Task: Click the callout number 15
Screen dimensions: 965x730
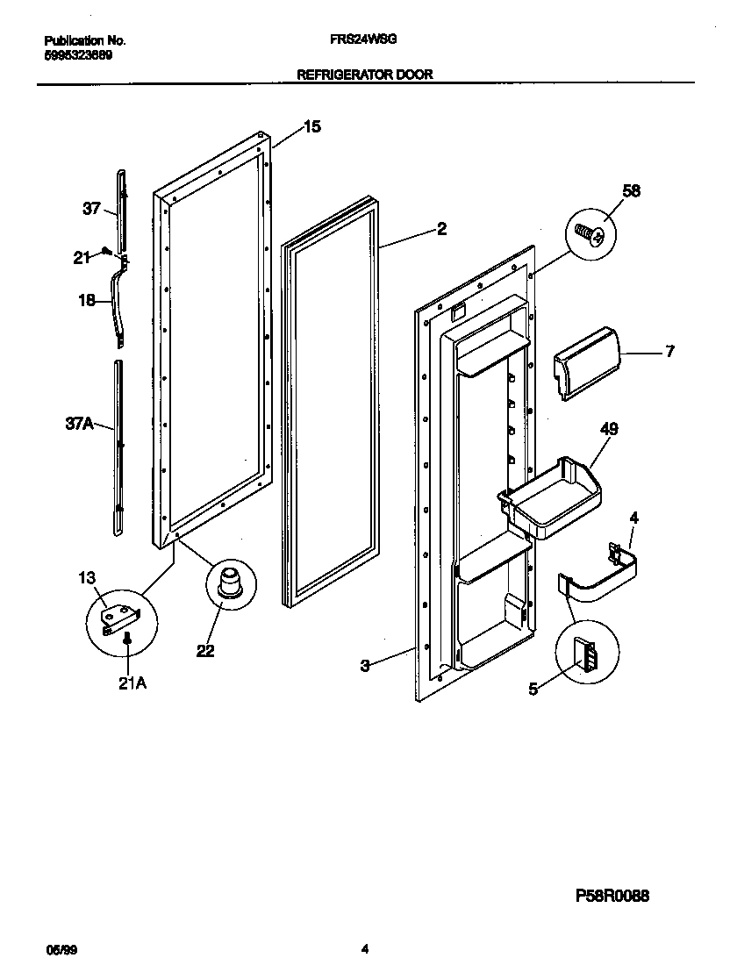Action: (x=311, y=127)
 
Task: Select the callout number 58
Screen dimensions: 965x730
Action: (x=631, y=191)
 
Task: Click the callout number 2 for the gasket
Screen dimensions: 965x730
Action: (x=442, y=229)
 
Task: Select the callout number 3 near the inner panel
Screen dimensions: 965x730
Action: (x=366, y=666)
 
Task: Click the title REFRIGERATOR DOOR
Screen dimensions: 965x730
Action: (x=365, y=75)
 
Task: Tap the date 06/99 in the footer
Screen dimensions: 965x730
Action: (x=58, y=948)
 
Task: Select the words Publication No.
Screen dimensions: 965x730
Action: (x=85, y=40)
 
